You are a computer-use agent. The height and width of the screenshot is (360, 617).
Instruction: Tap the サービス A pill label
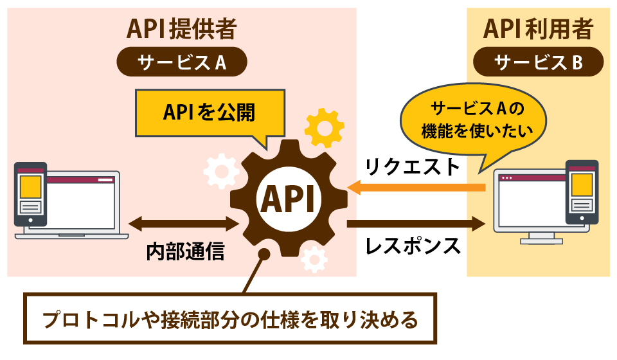point(182,62)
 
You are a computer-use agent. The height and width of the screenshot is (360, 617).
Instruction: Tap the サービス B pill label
point(538,62)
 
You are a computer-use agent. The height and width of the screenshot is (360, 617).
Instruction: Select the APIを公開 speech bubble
point(209,113)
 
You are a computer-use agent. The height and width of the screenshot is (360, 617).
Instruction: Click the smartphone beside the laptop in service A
point(30,194)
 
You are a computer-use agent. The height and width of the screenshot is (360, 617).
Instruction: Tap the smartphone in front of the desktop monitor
point(581,192)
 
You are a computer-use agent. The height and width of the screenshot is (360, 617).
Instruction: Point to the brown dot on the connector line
point(263,256)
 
